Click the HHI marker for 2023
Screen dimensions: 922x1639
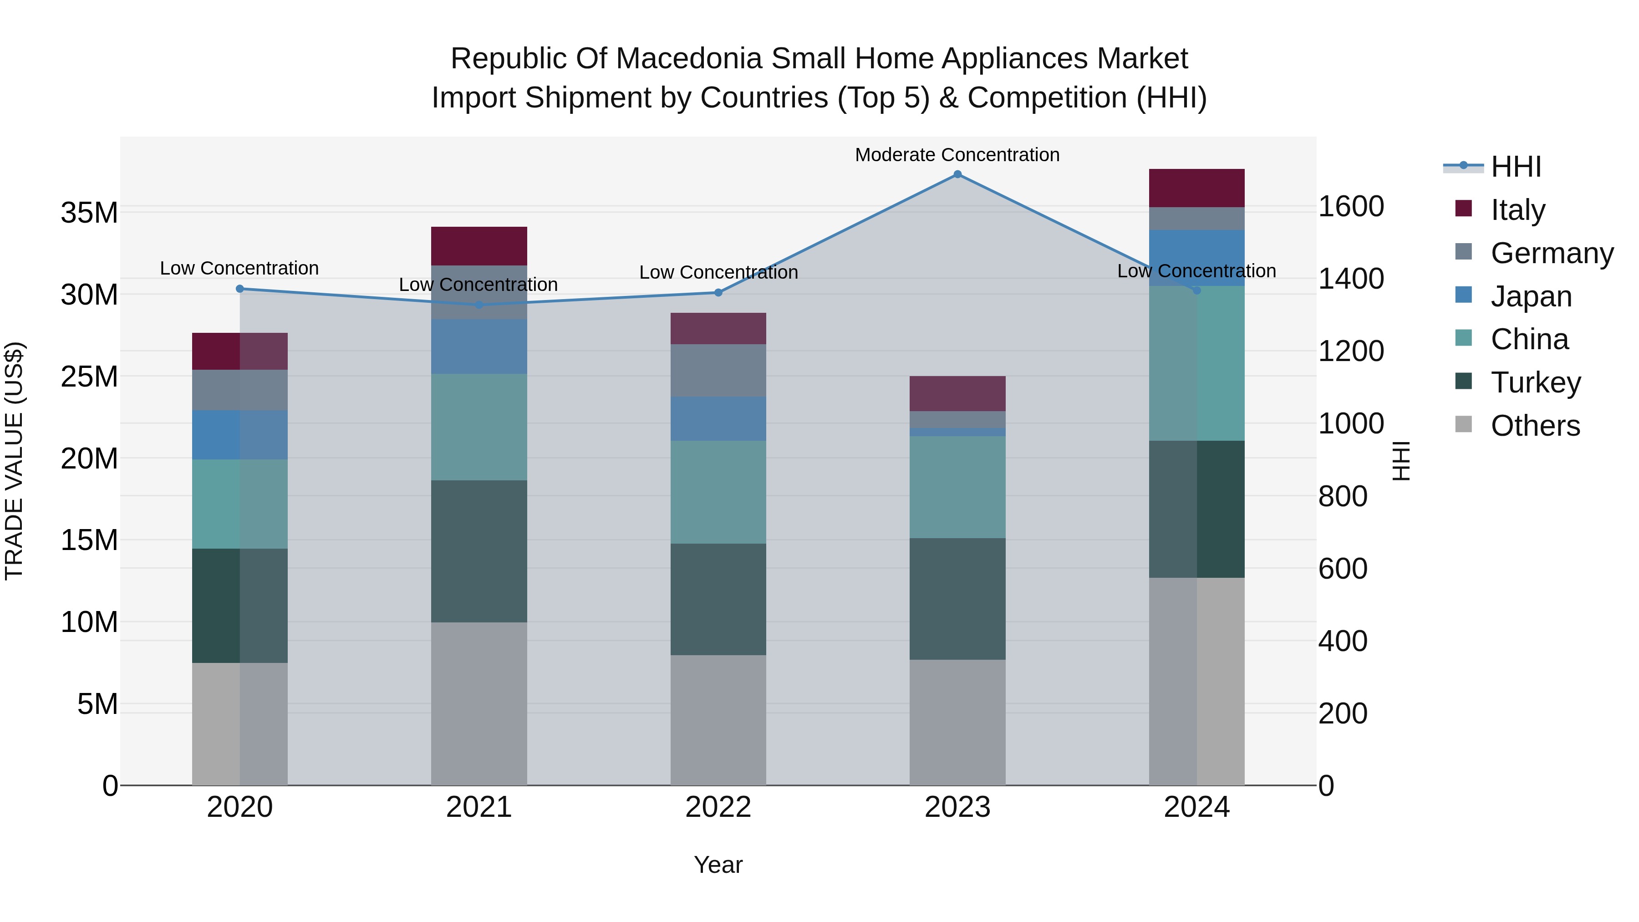point(957,174)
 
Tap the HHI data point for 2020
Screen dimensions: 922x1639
point(240,289)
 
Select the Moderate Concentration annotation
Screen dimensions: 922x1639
point(957,155)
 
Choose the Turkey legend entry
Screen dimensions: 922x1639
point(1535,382)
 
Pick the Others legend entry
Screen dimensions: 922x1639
point(1535,426)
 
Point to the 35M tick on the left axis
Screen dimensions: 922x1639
point(89,213)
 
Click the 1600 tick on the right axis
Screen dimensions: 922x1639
point(1351,206)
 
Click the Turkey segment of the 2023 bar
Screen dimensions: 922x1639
point(957,598)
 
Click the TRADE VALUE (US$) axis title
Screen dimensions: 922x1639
point(14,461)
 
